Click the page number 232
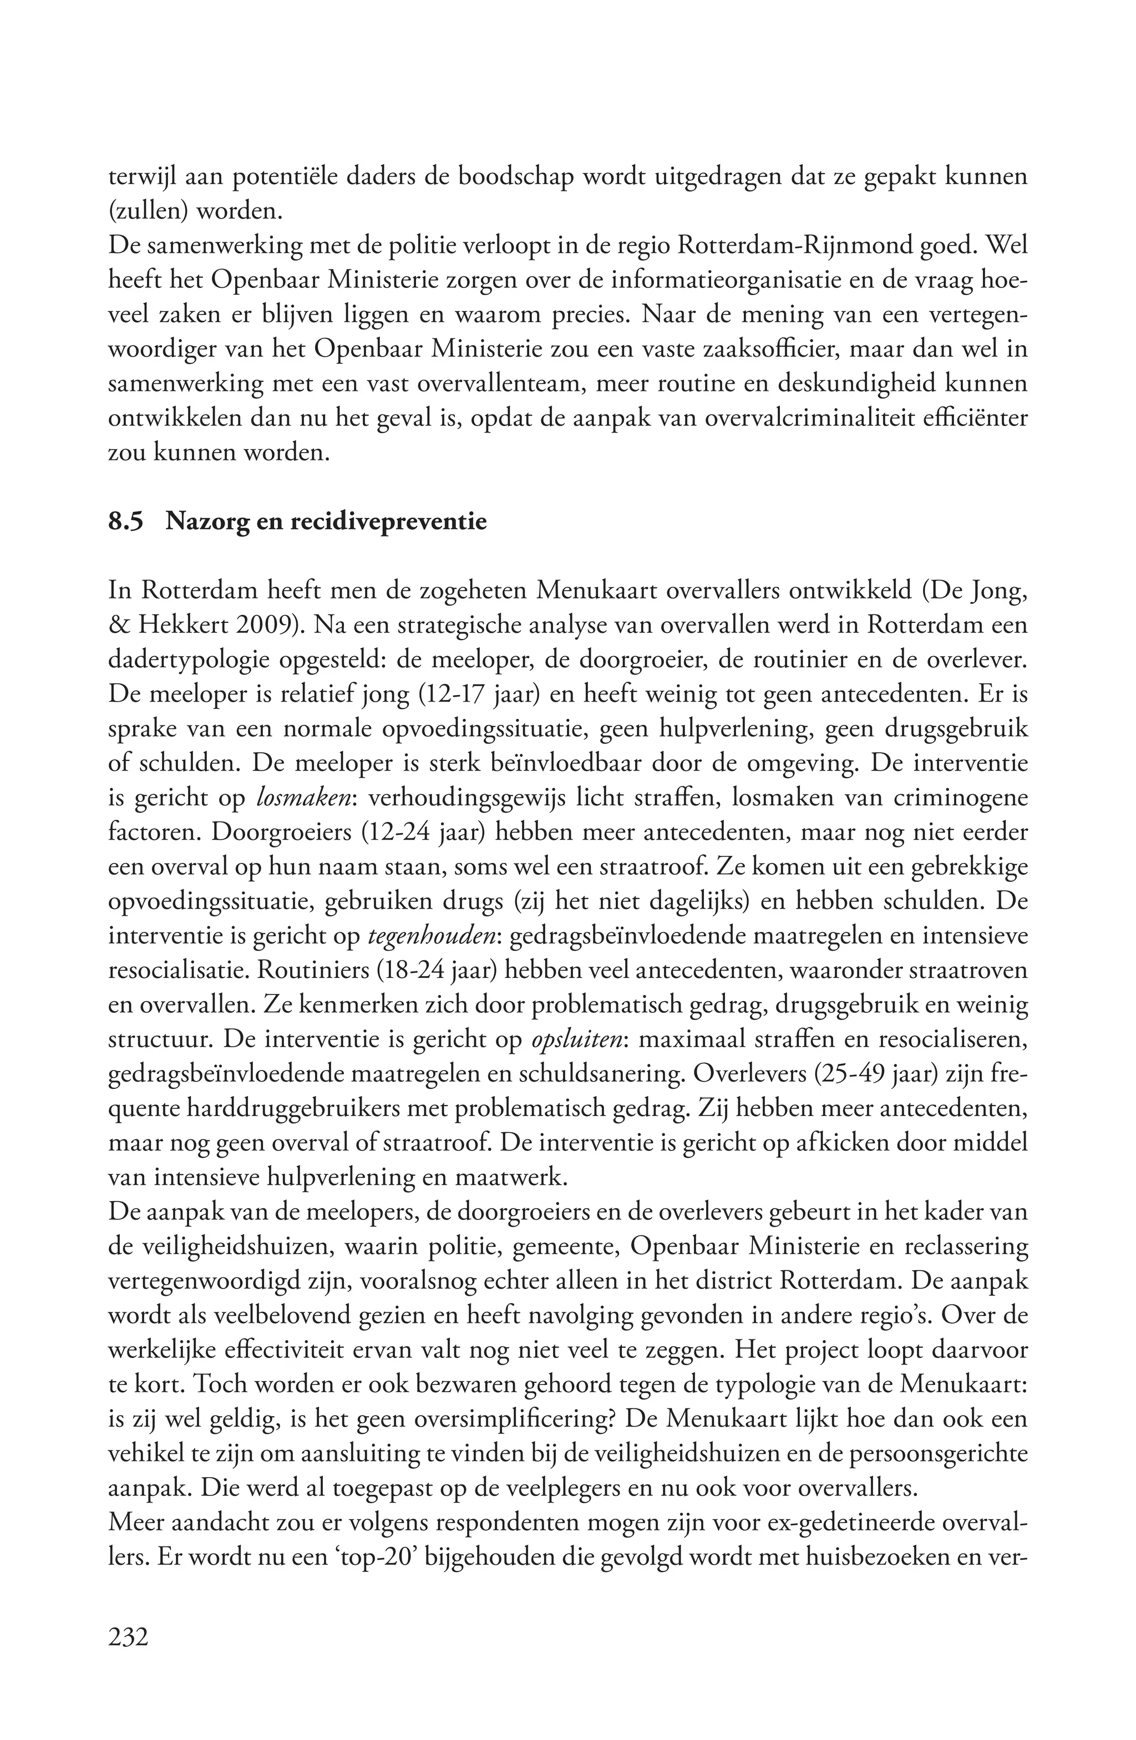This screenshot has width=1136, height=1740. (x=129, y=1635)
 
